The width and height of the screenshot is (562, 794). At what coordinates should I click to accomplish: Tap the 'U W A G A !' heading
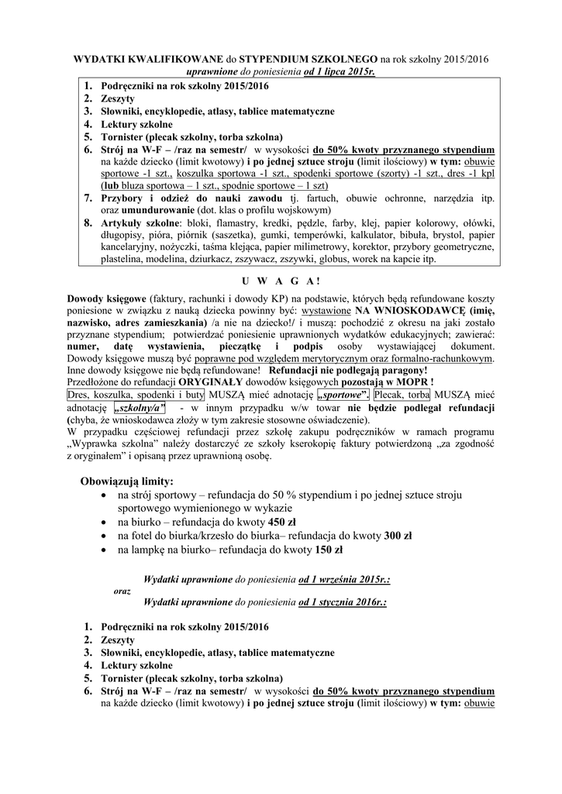pos(281,280)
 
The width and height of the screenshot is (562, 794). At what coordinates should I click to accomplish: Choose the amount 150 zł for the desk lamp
pos(307,550)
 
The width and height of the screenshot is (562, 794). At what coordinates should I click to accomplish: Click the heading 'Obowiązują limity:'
pos(126,481)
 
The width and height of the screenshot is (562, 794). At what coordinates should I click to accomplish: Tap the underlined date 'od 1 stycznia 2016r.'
pos(343,601)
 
